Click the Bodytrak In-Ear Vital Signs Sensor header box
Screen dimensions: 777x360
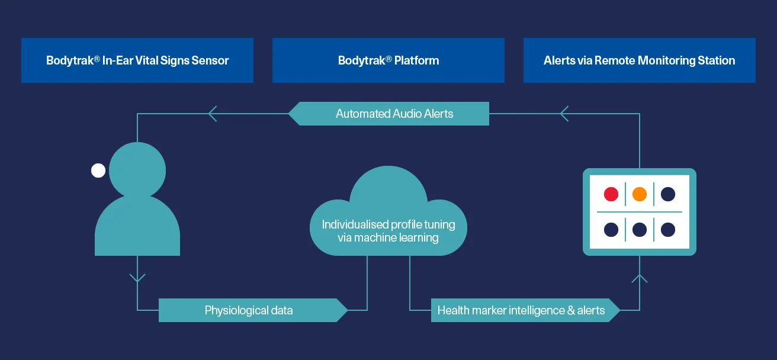(x=137, y=60)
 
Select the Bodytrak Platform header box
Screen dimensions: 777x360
(x=389, y=60)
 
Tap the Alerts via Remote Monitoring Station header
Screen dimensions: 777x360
(x=639, y=60)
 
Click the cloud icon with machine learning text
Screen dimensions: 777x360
(x=389, y=211)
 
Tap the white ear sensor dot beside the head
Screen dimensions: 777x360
(x=98, y=171)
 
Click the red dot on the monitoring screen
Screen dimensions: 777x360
(x=611, y=194)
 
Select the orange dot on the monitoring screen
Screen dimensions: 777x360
(x=639, y=194)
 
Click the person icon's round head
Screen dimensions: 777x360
(x=137, y=170)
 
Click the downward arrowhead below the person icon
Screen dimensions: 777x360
(x=137, y=278)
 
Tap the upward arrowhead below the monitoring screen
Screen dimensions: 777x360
(x=639, y=278)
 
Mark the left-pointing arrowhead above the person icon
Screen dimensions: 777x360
(x=213, y=114)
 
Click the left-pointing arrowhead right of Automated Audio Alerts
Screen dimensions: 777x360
(x=564, y=114)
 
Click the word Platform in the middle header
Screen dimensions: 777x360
(x=416, y=61)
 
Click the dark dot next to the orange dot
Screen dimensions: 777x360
(x=668, y=194)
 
